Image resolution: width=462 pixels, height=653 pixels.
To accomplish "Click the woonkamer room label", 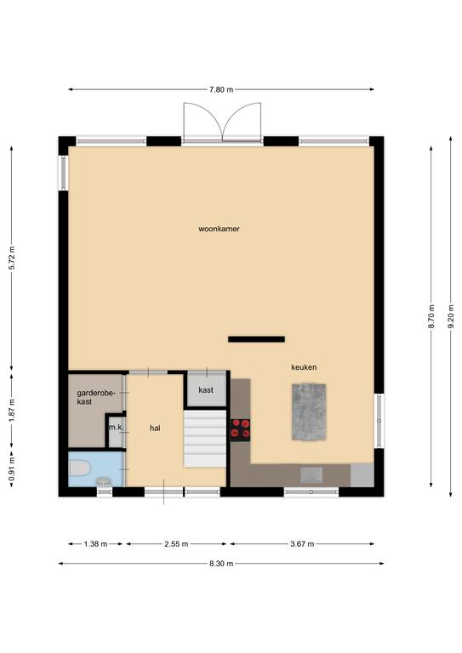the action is click(x=219, y=229).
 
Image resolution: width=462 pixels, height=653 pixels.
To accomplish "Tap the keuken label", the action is click(x=304, y=367).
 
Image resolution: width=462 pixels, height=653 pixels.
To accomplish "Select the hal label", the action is click(x=155, y=429).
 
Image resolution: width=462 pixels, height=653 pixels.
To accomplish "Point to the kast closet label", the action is click(x=206, y=390).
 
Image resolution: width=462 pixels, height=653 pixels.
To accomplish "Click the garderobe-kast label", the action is click(x=96, y=397).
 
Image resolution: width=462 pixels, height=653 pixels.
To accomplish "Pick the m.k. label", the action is click(x=116, y=428).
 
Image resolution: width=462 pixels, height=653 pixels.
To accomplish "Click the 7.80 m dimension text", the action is click(x=221, y=89).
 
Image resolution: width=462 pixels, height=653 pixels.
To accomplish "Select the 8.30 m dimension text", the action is click(x=221, y=564).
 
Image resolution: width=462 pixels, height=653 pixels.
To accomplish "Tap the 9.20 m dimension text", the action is click(x=451, y=316).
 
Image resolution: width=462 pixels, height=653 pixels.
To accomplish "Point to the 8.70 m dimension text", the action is click(x=431, y=316).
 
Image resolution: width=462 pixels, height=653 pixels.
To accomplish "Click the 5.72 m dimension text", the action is click(x=12, y=258).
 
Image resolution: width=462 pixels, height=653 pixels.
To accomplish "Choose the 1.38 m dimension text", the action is click(x=95, y=544).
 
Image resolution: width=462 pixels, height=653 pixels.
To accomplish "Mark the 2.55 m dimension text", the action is click(x=176, y=544).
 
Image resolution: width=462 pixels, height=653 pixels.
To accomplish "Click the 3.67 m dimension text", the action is click(x=302, y=544).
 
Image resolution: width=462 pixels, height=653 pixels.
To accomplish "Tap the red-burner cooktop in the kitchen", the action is click(x=241, y=430).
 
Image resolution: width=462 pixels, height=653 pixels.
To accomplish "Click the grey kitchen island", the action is click(x=309, y=412).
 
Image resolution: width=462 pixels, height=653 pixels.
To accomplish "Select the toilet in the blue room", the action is click(x=79, y=468).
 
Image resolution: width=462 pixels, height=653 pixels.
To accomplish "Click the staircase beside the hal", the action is click(x=205, y=438).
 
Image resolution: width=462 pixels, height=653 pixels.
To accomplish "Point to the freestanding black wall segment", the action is click(x=256, y=339).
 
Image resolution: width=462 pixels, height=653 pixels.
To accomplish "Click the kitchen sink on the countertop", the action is click(x=311, y=475).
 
